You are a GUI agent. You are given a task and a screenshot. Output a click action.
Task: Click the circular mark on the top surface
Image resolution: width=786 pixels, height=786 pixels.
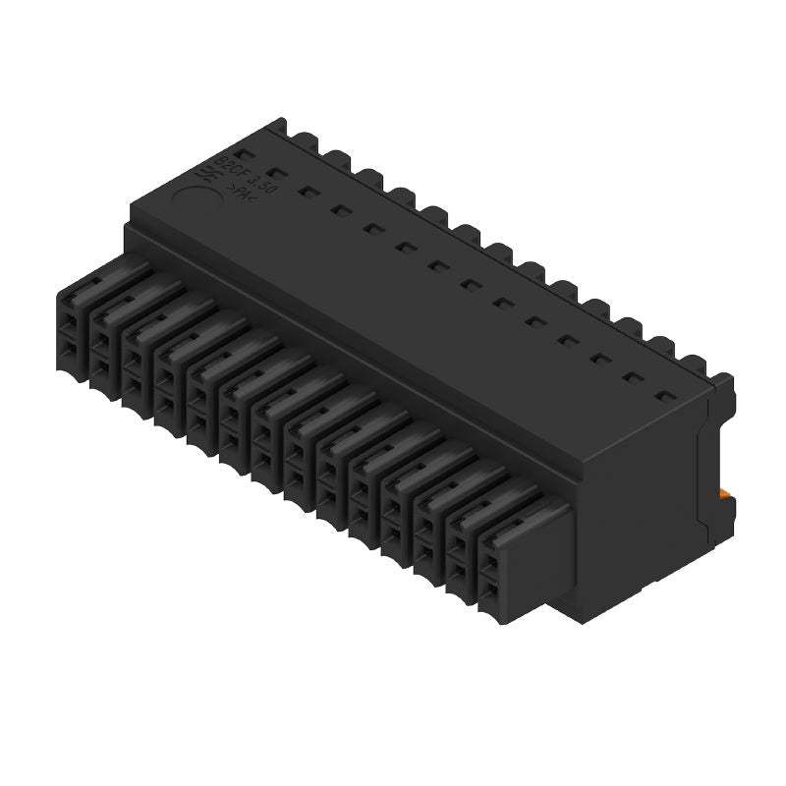195,186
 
